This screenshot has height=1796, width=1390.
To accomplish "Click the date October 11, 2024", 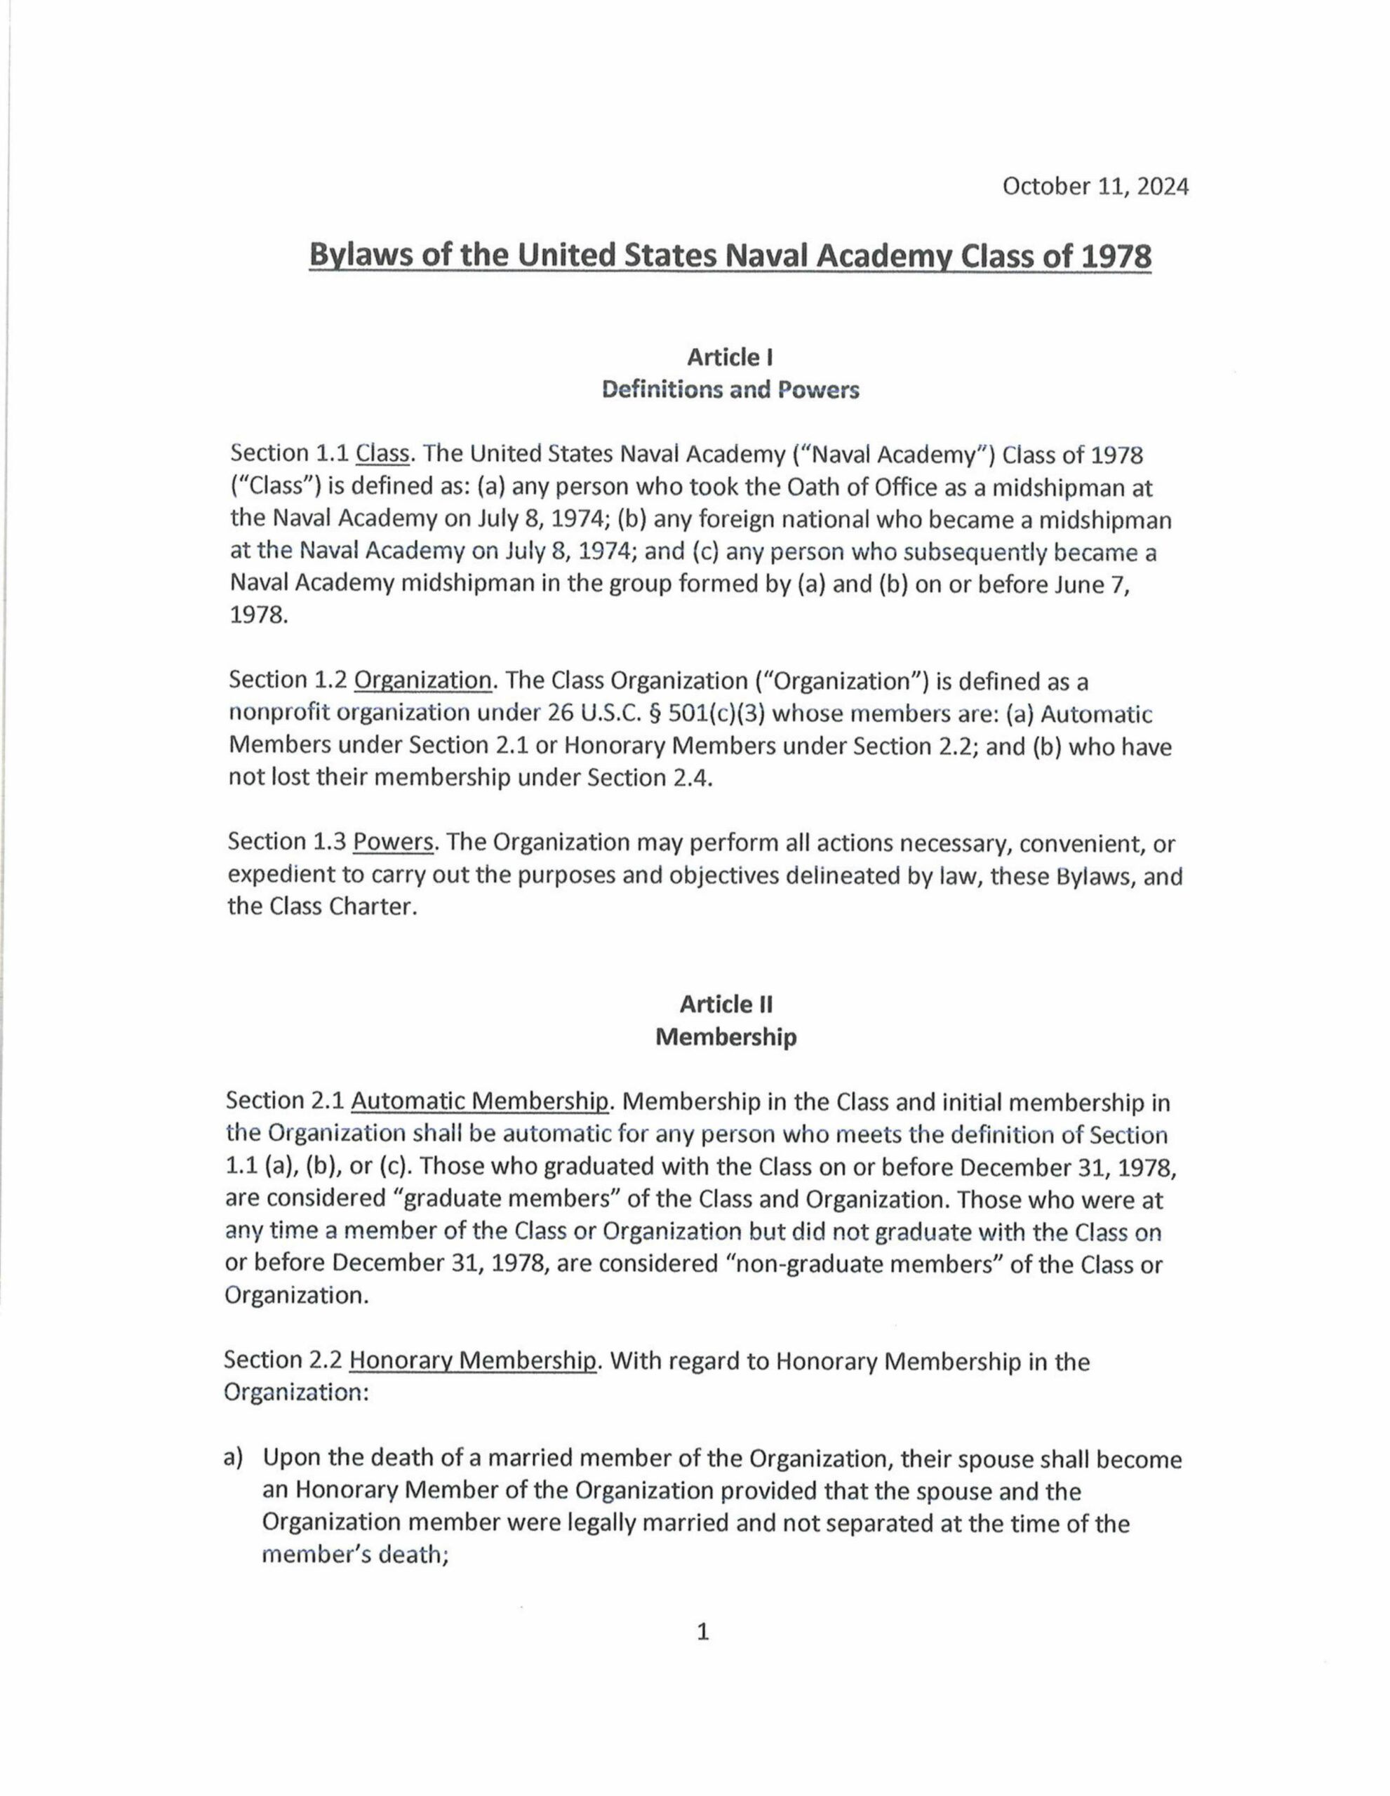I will pos(1095,187).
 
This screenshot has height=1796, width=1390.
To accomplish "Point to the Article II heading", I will pos(726,1004).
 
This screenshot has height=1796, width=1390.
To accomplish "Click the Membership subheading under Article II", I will pos(726,1037).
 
